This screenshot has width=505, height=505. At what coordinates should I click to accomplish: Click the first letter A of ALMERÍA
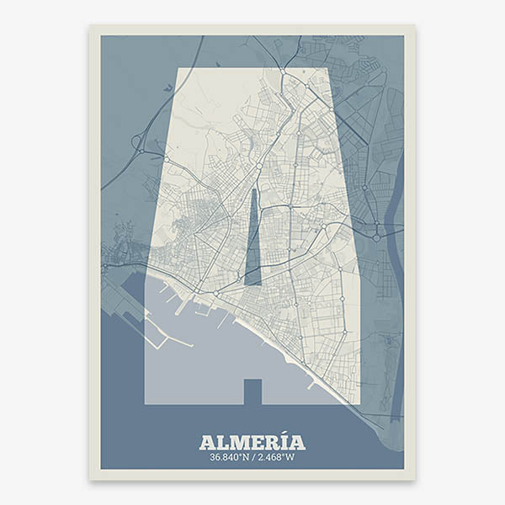(x=207, y=443)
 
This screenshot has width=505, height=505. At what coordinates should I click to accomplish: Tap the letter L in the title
(x=221, y=443)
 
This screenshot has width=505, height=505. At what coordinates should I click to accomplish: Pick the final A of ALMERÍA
(x=296, y=443)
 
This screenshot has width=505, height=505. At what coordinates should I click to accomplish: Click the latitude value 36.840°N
(x=229, y=458)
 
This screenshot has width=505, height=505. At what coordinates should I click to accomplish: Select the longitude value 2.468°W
(x=276, y=458)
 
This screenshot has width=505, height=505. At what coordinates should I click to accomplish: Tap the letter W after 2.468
(x=290, y=458)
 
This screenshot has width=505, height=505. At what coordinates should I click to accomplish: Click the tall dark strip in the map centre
(x=253, y=240)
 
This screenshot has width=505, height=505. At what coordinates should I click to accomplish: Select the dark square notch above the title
(x=252, y=391)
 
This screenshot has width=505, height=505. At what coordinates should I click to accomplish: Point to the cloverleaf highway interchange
(x=138, y=142)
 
